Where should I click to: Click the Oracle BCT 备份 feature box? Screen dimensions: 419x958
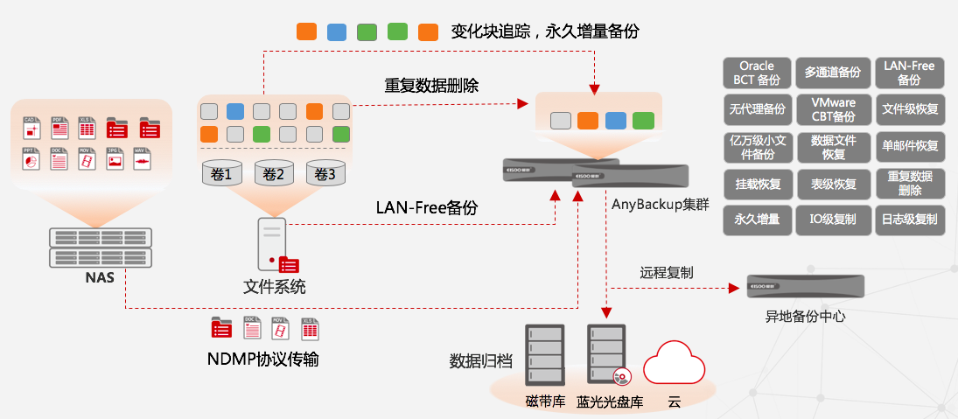757,73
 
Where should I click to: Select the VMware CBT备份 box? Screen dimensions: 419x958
833,109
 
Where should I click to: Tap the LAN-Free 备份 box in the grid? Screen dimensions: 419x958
909,73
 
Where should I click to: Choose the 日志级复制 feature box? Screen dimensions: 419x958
909,219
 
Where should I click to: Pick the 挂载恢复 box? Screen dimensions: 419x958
757,184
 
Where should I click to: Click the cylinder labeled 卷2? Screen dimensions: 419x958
273,173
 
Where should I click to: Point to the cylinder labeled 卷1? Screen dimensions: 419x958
221,173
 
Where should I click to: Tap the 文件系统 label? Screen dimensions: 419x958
274,287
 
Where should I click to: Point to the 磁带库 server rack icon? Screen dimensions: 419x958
543,356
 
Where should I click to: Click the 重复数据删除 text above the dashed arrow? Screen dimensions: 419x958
431,86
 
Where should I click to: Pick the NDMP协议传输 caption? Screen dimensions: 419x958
262,359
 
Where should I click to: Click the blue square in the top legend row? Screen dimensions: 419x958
337,32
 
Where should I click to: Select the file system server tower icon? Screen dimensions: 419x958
271,244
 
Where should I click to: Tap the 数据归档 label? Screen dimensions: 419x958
480,360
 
